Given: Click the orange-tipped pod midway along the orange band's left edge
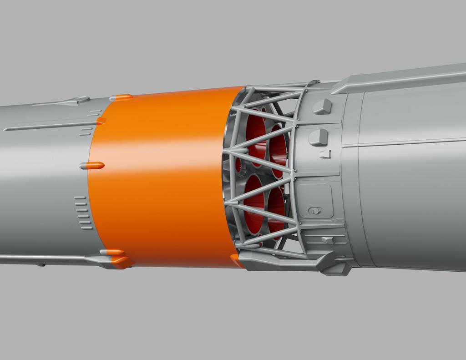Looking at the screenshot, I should pos(92,165).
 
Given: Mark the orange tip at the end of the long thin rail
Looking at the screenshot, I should pos(101,121).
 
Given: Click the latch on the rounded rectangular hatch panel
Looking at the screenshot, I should pos(314,210).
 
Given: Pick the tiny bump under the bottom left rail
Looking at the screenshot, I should pos(42,264).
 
